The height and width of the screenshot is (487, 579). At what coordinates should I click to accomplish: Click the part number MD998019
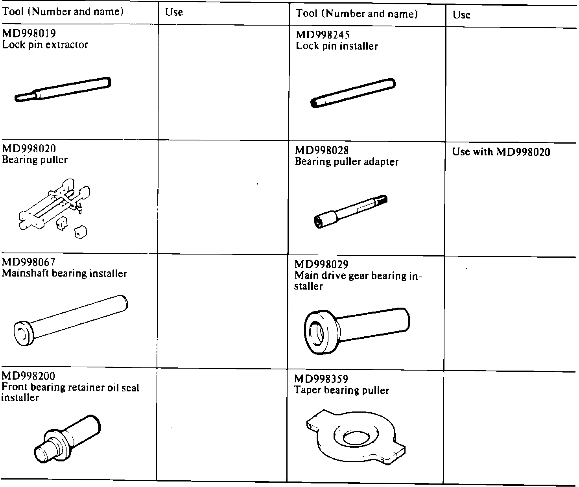click(x=29, y=33)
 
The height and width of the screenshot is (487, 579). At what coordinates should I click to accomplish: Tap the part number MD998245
click(x=323, y=35)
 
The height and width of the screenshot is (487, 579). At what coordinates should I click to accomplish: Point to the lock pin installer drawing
click(x=353, y=93)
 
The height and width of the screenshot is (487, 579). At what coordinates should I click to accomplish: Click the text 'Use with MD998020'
click(x=501, y=152)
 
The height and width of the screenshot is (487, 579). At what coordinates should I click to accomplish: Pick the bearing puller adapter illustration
click(x=351, y=211)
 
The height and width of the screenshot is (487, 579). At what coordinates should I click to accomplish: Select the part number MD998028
click(x=322, y=150)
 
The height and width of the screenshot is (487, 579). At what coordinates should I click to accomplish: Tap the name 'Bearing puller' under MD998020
click(x=35, y=160)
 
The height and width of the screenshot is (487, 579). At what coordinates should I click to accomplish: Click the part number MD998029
click(x=321, y=264)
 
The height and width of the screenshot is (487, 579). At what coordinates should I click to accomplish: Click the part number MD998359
click(x=321, y=379)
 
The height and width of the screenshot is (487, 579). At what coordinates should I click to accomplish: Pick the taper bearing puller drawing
click(x=355, y=437)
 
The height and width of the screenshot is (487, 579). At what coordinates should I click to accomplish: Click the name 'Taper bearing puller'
click(x=342, y=390)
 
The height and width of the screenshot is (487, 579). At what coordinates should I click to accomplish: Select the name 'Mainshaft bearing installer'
click(x=65, y=273)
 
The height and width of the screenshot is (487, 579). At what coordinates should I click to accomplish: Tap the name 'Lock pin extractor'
click(x=45, y=44)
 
